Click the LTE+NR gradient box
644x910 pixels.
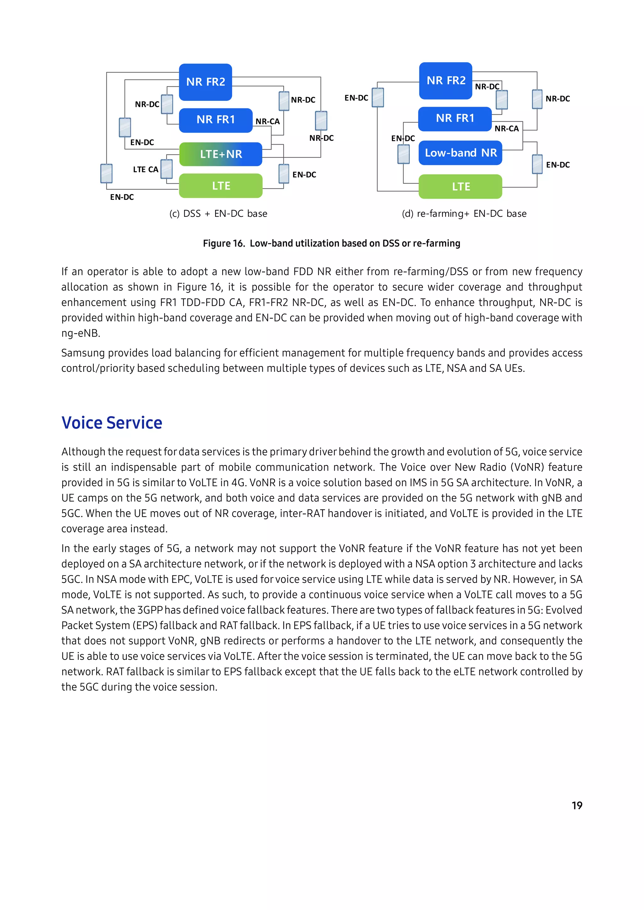click(x=220, y=154)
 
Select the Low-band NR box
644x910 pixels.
click(x=460, y=153)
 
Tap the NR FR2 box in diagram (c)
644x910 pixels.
click(x=205, y=82)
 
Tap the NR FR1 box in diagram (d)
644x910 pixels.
click(x=455, y=118)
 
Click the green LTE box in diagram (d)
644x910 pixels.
click(x=460, y=186)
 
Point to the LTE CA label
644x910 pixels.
click(x=146, y=170)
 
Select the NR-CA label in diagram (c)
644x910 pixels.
click(x=268, y=122)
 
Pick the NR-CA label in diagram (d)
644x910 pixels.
click(x=506, y=129)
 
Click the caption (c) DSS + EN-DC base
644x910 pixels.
click(x=218, y=214)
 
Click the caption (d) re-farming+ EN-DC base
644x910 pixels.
click(x=464, y=214)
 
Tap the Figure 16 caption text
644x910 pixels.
click(x=331, y=243)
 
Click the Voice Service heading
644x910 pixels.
click(x=112, y=423)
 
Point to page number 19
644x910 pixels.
click(x=577, y=805)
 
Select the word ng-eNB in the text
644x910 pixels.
click(x=80, y=333)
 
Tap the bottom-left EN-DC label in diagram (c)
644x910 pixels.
click(x=122, y=197)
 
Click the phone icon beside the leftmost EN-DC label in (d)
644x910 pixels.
click(x=378, y=97)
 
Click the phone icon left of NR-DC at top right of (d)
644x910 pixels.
click(x=537, y=99)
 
